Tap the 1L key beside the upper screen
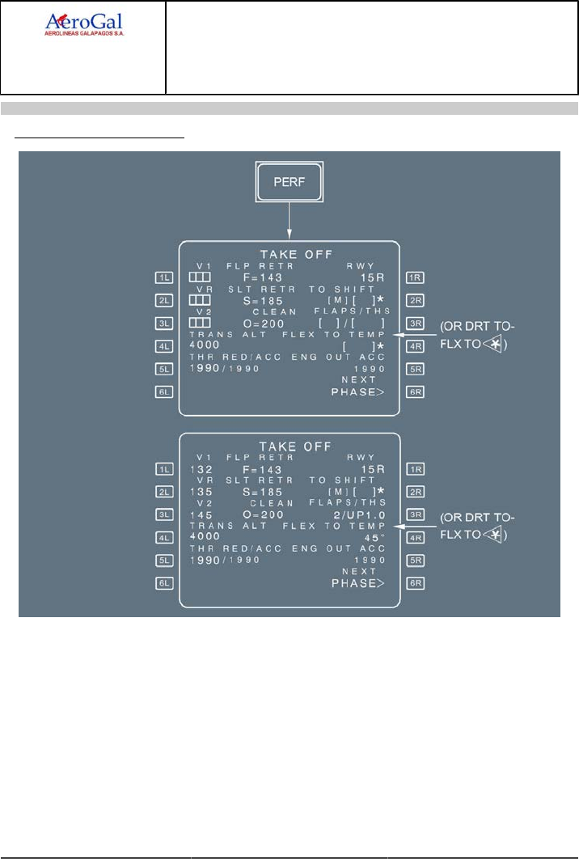coord(165,277)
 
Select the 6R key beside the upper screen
coord(416,392)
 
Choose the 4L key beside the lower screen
coord(165,537)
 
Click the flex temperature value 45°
coord(373,537)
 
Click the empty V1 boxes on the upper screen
coord(199,277)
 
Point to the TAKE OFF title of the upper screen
coord(289,255)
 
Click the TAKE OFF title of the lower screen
coord(289,446)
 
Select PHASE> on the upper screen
coord(357,392)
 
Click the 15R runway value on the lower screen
coord(372,469)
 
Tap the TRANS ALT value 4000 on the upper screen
coord(203,345)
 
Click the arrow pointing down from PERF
coord(289,220)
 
